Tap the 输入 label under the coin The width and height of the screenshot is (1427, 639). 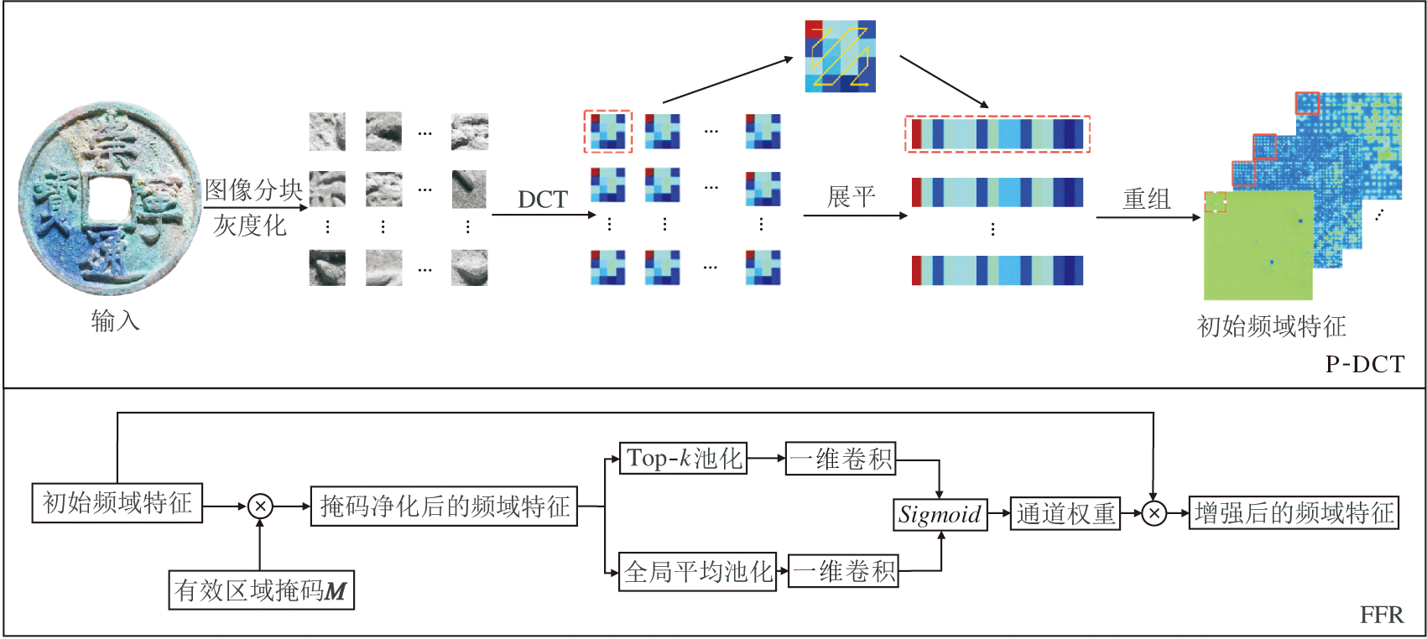pyautogui.click(x=115, y=321)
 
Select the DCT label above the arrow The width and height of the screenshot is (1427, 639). pyautogui.click(x=543, y=200)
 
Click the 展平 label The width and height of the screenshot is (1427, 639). pyautogui.click(x=852, y=197)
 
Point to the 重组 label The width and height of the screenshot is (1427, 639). pyautogui.click(x=1147, y=199)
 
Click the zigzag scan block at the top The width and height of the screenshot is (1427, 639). pyautogui.click(x=841, y=56)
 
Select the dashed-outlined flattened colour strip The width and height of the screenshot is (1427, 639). pyautogui.click(x=997, y=134)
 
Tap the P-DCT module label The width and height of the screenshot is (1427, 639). pyautogui.click(x=1365, y=365)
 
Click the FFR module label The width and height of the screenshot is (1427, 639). pyautogui.click(x=1382, y=615)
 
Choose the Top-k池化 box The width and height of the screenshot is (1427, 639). pyautogui.click(x=683, y=458)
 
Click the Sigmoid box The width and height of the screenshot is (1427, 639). pyautogui.click(x=940, y=514)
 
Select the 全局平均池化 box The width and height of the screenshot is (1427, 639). pyautogui.click(x=698, y=571)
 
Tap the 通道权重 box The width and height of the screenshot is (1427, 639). pyautogui.click(x=1065, y=513)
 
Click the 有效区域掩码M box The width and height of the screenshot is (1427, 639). pyautogui.click(x=261, y=590)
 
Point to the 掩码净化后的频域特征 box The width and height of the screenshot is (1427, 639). pyautogui.click(x=444, y=506)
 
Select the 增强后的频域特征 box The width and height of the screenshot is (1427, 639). pyautogui.click(x=1294, y=513)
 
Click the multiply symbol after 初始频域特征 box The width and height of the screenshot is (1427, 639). pyautogui.click(x=260, y=507)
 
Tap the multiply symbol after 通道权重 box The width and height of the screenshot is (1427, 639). pyautogui.click(x=1154, y=513)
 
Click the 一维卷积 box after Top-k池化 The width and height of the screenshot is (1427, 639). pyautogui.click(x=841, y=458)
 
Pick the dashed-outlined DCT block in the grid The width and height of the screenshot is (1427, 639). pyautogui.click(x=607, y=132)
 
